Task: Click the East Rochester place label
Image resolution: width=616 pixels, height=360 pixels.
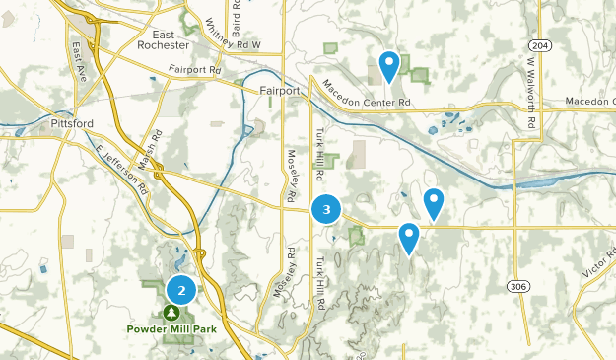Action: coord(165,38)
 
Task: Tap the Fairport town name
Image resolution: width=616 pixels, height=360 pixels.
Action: coord(281,91)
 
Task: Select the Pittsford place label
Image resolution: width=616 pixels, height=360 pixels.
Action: coord(72,124)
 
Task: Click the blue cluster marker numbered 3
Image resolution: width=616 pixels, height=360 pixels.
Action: coord(326,209)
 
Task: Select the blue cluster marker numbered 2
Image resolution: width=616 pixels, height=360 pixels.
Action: coord(181,290)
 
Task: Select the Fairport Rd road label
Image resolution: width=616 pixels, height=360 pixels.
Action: coord(194,70)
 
